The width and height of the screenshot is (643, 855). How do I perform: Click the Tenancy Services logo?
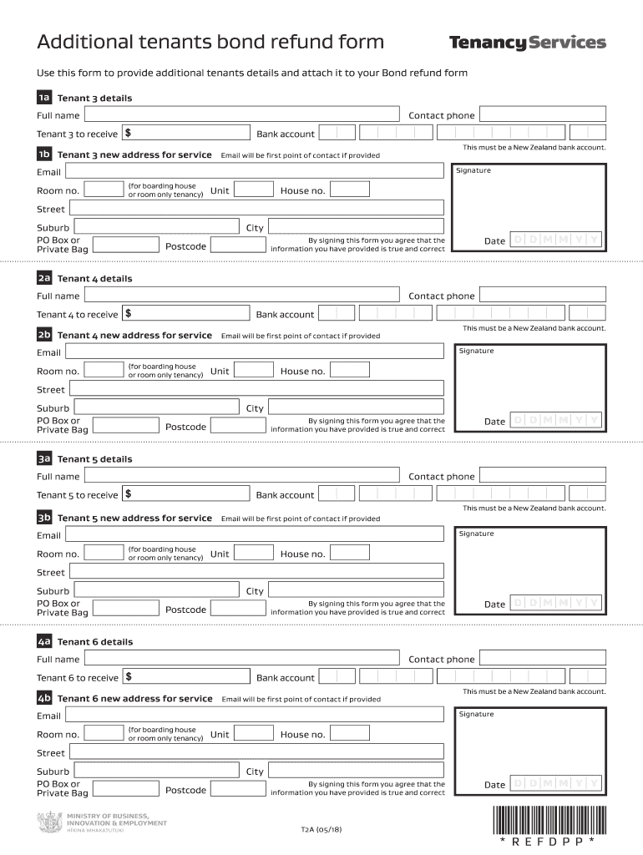click(x=527, y=43)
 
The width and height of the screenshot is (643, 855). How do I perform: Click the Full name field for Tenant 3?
click(x=241, y=115)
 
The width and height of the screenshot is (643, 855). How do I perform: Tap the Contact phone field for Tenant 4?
click(x=543, y=296)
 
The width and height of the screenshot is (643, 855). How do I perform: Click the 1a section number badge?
click(x=44, y=98)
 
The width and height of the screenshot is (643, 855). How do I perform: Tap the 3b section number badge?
click(x=44, y=518)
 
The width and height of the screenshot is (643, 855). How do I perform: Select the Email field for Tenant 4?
click(x=254, y=352)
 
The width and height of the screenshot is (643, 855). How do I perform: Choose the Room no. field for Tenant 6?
click(x=104, y=734)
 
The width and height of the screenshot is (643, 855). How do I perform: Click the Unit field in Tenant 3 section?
click(x=253, y=190)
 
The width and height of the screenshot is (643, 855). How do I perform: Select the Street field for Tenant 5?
click(x=256, y=572)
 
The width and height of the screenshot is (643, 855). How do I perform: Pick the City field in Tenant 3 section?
click(x=355, y=227)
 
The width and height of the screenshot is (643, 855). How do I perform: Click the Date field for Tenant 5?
click(x=555, y=604)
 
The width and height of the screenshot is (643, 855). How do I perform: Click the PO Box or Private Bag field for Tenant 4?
click(x=125, y=426)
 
